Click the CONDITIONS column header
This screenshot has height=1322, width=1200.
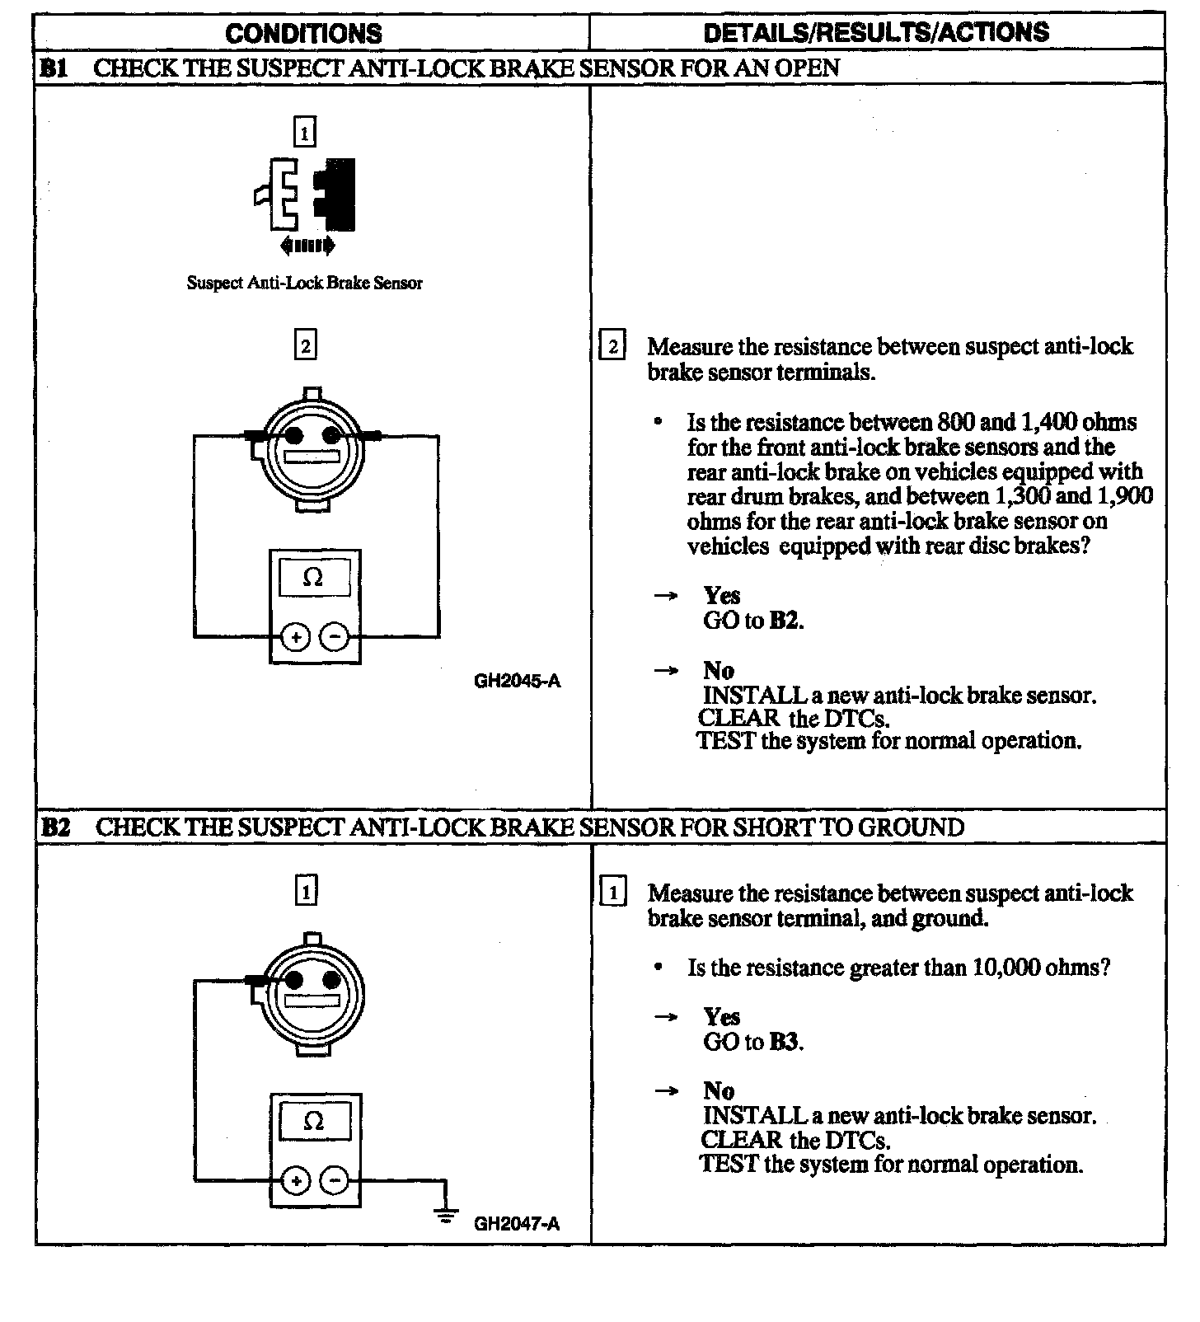(303, 33)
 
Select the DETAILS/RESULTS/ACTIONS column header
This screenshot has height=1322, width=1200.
(876, 32)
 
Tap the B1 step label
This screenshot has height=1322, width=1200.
(54, 68)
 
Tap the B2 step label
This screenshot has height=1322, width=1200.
(55, 827)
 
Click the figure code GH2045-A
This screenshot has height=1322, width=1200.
(517, 681)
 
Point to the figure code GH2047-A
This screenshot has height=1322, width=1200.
(516, 1223)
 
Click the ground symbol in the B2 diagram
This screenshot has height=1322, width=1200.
(446, 1212)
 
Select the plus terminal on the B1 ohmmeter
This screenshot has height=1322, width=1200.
(296, 637)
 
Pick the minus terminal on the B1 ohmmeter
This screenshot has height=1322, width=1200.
(334, 637)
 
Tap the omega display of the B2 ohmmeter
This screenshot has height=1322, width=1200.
(314, 1121)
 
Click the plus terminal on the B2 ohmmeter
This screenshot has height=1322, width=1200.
(296, 1181)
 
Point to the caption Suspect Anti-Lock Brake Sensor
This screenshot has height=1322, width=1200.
(304, 283)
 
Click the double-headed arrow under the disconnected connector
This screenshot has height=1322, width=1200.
(307, 245)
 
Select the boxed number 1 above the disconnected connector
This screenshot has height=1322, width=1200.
(305, 132)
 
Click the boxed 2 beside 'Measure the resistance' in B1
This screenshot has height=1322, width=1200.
(612, 347)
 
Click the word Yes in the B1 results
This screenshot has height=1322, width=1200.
(722, 595)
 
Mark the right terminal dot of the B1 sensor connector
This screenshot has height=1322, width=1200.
(332, 435)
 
